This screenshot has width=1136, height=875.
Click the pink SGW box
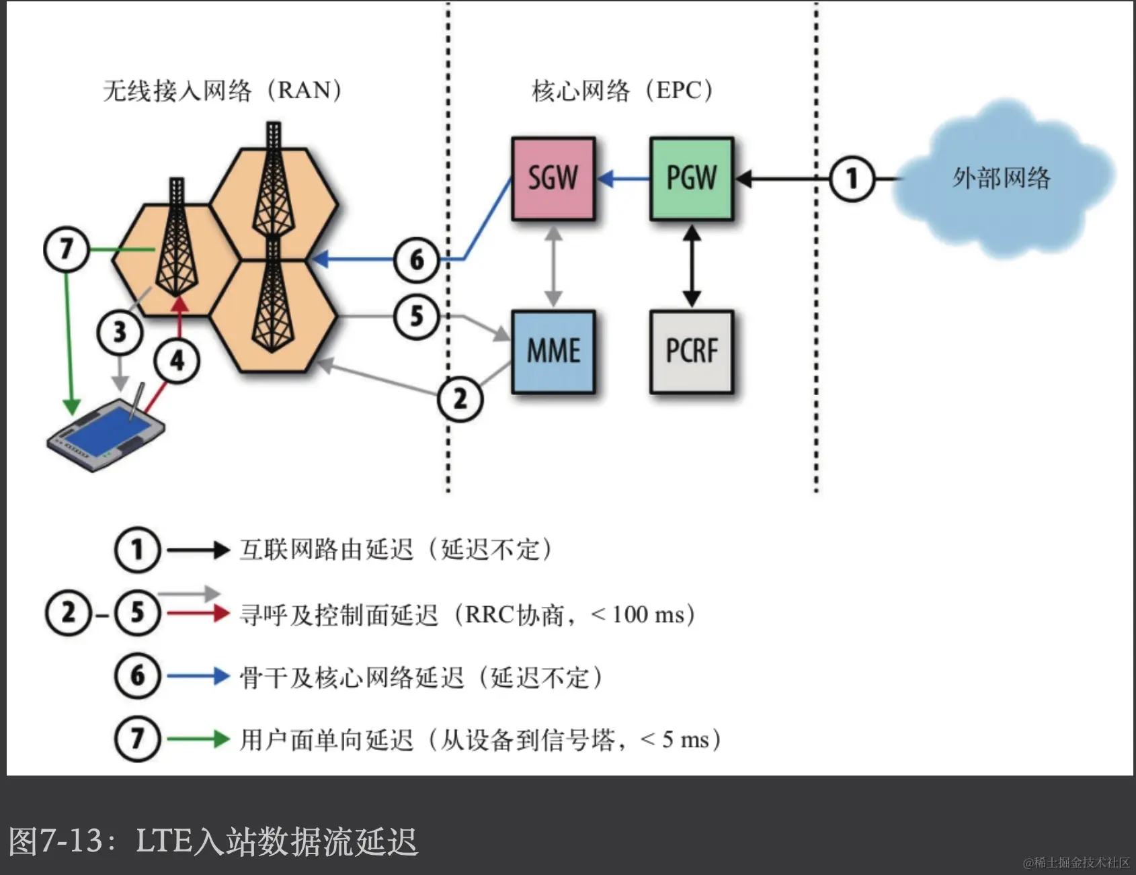tap(553, 179)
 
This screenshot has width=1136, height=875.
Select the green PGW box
tap(691, 179)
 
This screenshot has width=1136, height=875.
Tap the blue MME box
tap(553, 351)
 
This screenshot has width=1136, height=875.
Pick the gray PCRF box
tap(691, 351)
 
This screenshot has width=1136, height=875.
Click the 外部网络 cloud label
tap(1001, 179)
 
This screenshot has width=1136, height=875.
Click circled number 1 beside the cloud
tap(852, 179)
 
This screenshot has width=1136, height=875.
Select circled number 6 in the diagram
tap(417, 259)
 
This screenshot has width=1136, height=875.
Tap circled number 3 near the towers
tap(120, 332)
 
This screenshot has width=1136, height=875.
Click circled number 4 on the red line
tap(177, 361)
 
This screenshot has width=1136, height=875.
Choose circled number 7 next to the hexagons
tap(66, 249)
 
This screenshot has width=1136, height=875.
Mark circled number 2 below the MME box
tap(460, 399)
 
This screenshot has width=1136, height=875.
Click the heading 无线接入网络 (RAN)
tap(222, 90)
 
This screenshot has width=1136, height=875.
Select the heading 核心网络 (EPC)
tap(622, 90)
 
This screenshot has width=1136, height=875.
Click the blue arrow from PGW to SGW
tap(623, 179)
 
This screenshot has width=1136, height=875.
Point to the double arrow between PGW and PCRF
tap(692, 266)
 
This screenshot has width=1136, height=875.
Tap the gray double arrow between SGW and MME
tap(553, 266)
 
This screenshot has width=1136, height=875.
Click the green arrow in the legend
tap(198, 739)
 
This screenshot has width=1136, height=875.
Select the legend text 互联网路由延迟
tap(327, 550)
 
